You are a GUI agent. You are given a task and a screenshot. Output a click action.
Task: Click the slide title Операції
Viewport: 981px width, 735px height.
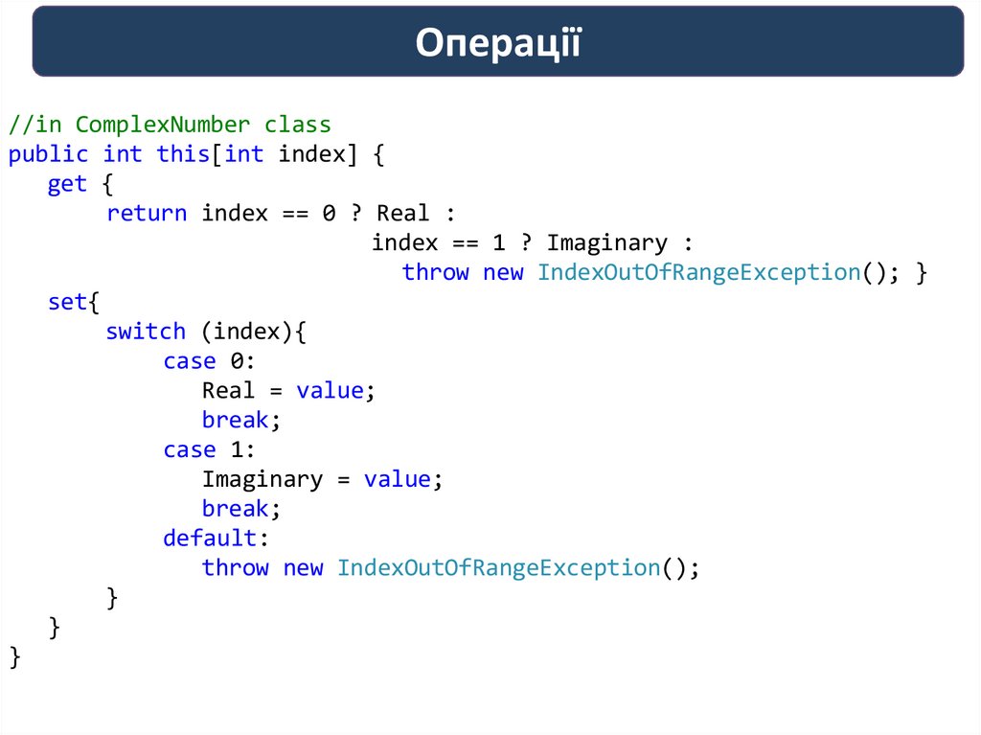498,43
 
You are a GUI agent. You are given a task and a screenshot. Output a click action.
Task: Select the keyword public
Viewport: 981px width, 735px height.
48,154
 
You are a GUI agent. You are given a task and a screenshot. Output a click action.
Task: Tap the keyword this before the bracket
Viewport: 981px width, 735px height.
182,154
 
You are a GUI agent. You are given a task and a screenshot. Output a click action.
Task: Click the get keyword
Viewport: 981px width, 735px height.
67,184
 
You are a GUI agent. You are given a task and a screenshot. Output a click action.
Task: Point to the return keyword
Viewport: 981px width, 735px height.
147,213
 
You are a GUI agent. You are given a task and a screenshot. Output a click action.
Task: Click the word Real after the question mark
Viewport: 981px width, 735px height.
403,213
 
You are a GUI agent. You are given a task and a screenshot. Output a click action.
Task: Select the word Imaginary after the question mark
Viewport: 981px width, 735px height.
607,242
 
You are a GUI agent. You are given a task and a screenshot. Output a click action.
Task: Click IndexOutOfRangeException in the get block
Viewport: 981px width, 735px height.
698,272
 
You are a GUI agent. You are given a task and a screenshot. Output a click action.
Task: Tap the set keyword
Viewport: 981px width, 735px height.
67,302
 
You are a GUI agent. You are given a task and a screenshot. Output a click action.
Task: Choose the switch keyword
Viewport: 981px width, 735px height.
146,332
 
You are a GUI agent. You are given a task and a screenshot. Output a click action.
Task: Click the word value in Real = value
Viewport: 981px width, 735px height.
330,390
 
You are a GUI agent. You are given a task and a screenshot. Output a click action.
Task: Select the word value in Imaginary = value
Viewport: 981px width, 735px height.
397,479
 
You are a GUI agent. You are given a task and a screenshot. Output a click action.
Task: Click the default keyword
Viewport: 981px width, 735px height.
210,538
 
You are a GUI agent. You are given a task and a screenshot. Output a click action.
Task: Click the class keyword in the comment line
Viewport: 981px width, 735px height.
298,125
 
